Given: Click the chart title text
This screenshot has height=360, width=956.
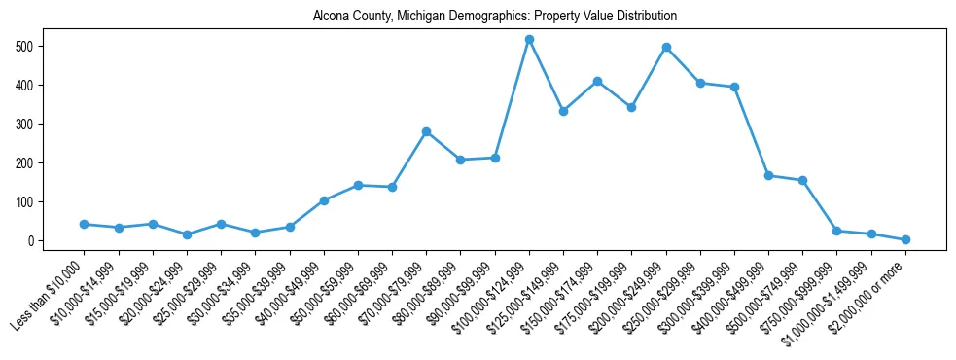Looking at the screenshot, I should coord(495,17).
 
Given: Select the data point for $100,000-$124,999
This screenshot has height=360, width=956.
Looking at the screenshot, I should coord(529,40).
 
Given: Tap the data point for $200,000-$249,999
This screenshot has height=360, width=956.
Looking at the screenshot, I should coord(666,48).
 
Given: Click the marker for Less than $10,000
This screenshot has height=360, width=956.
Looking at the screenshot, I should coord(85,224).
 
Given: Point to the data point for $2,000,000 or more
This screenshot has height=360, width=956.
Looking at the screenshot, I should coord(905,239).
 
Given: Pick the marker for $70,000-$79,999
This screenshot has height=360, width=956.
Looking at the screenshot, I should coord(426,131).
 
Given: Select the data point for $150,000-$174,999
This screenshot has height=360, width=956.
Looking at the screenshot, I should coord(597,81).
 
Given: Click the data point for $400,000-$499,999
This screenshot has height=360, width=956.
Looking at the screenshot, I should coord(768,175).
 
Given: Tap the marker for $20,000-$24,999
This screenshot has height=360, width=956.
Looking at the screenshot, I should coord(187,234).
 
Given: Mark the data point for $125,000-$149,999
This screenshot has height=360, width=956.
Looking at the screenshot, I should coord(563,111).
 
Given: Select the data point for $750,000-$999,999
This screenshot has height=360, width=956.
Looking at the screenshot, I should coord(837,231).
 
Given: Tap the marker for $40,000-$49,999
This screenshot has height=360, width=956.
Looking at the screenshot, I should coord(324,200).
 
